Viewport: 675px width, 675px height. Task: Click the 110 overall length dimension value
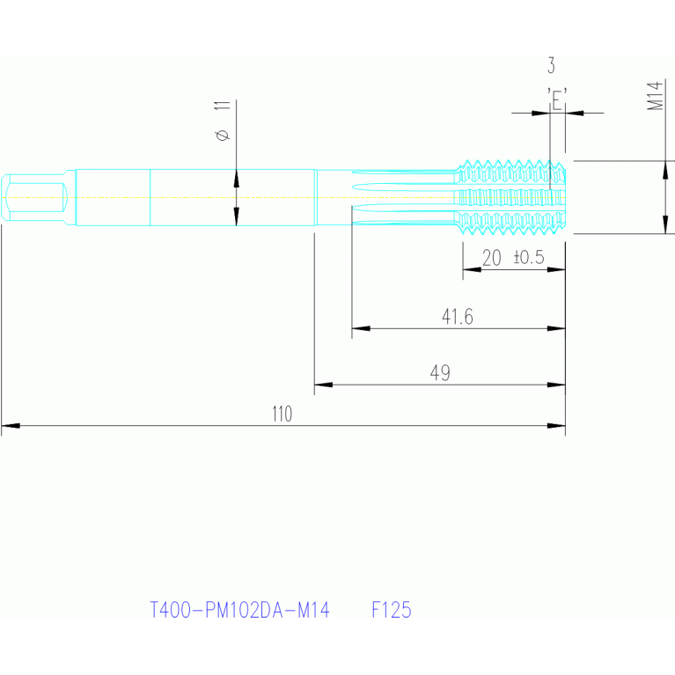point(282,414)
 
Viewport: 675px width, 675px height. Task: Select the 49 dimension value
point(440,373)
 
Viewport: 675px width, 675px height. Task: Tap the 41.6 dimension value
point(457,317)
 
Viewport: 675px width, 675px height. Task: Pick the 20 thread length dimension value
point(491,258)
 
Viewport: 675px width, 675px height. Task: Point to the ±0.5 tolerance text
point(529,258)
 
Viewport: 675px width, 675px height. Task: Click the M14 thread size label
point(655,96)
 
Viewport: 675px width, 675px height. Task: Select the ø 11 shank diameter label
point(223,121)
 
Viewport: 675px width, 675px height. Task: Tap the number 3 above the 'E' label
point(551,65)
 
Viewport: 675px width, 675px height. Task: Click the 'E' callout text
point(557,99)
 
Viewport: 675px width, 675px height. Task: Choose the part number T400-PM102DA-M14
point(239,610)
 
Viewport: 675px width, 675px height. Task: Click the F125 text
point(392,610)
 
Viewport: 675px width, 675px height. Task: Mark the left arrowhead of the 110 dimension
point(11,426)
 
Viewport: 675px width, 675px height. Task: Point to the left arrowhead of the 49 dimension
point(323,385)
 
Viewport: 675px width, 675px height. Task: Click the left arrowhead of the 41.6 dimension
point(361,328)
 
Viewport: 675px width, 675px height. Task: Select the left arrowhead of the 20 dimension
point(472,269)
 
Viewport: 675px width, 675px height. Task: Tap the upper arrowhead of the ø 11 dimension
point(236,179)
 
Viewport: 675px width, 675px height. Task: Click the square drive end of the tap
point(34,198)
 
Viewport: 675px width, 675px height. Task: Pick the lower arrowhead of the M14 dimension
point(665,224)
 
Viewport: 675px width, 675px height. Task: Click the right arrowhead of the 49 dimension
point(556,385)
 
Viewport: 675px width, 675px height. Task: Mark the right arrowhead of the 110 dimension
point(556,426)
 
